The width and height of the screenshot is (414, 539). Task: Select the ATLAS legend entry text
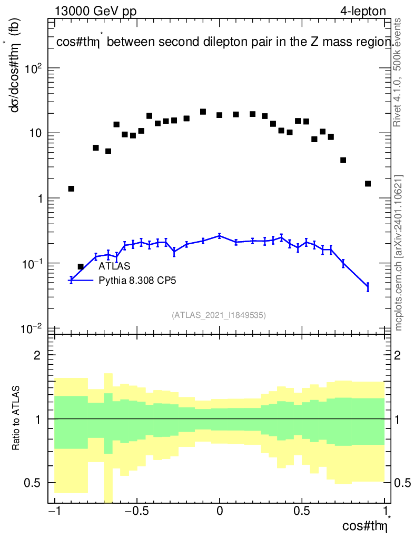tap(114, 266)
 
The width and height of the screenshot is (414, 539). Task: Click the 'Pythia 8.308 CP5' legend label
tap(137, 281)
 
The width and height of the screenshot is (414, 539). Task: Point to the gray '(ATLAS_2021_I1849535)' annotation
tap(219, 315)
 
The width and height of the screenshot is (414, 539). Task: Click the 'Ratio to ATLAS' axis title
tap(16, 418)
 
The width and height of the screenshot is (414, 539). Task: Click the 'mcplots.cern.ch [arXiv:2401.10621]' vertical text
tap(399, 253)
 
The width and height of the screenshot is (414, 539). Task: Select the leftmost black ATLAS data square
tap(71, 188)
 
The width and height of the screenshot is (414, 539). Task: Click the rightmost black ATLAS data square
tap(368, 184)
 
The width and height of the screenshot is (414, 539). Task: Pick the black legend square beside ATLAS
tap(81, 266)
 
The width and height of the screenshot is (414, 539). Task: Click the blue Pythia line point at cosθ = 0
tap(220, 236)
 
